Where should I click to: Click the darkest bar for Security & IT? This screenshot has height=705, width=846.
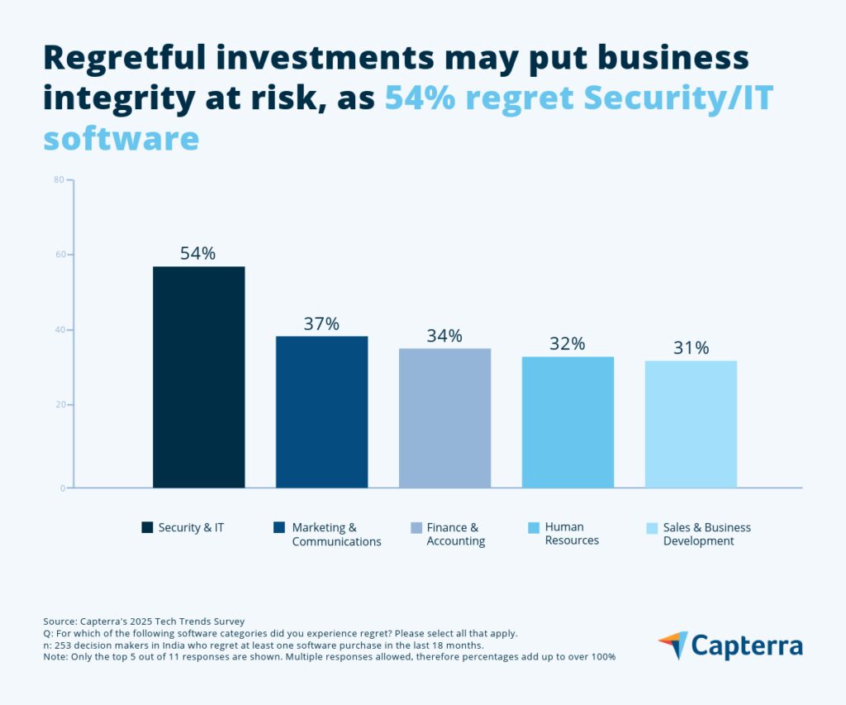point(198,377)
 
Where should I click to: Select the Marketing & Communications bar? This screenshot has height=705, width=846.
point(321,412)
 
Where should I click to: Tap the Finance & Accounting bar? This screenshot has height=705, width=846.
point(444,417)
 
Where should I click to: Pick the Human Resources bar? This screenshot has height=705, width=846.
point(568,422)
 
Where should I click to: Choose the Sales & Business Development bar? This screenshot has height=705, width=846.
point(691,424)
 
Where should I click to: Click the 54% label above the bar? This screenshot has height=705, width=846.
point(198,254)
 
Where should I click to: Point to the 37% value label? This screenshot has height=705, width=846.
point(321,324)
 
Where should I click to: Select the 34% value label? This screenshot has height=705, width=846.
point(444,336)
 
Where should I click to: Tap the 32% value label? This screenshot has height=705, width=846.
point(568,344)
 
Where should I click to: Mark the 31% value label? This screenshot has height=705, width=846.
point(691,348)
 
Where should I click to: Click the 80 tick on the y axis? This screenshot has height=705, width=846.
point(59,179)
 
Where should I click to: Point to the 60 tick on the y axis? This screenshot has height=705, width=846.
point(59,255)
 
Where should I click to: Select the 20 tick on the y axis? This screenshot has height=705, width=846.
point(59,405)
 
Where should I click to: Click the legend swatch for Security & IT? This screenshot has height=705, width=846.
point(147,527)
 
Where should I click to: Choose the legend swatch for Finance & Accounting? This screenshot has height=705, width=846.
point(416,527)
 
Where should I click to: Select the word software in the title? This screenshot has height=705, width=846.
point(121,138)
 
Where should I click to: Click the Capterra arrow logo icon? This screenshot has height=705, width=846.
point(673,645)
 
